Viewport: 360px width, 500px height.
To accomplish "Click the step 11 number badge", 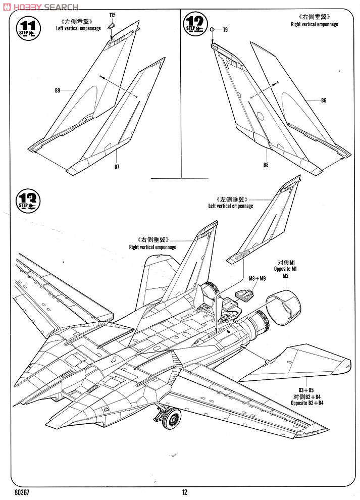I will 28,27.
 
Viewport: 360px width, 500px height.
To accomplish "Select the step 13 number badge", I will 28,200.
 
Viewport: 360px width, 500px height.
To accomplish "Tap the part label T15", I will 112,16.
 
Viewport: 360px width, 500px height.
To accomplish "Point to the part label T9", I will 225,30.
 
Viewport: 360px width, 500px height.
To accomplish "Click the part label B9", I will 58,90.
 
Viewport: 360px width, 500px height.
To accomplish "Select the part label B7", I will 117,166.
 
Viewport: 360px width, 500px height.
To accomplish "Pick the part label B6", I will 324,100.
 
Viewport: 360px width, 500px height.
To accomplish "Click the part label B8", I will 266,165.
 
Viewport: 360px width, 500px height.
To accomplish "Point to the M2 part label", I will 285,275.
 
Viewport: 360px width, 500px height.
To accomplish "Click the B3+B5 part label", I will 306,390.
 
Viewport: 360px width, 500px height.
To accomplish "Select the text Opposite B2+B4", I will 306,403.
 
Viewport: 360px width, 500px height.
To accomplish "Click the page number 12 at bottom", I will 185,492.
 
